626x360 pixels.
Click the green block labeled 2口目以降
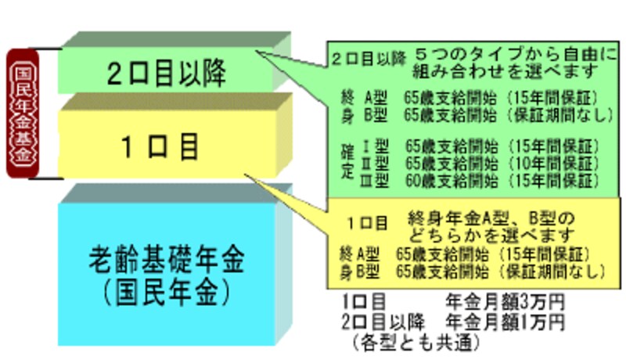(164, 74)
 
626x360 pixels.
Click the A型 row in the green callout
(477, 99)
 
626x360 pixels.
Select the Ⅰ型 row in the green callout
(477, 146)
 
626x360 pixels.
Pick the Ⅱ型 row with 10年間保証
(477, 163)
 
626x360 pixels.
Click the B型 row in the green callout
(477, 115)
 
